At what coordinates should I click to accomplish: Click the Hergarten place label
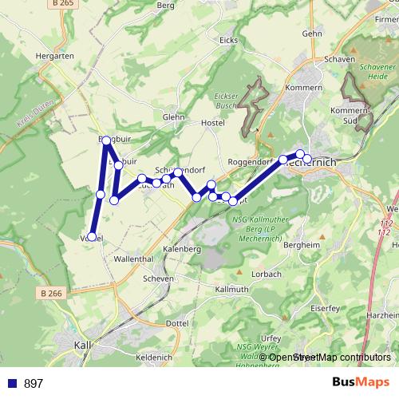pyautogui.click(x=54, y=57)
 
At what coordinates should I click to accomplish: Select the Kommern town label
pyautogui.click(x=306, y=87)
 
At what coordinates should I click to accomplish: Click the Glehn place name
pyautogui.click(x=173, y=117)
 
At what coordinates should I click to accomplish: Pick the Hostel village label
pyautogui.click(x=213, y=122)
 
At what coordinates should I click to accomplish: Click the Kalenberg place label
pyautogui.click(x=181, y=249)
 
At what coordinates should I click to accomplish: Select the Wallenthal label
pyautogui.click(x=133, y=259)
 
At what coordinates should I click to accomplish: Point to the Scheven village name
pyautogui.click(x=158, y=279)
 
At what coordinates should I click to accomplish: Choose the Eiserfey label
pyautogui.click(x=323, y=307)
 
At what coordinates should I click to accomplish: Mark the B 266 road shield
pyautogui.click(x=49, y=294)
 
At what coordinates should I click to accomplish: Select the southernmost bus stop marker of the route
pyautogui.click(x=93, y=236)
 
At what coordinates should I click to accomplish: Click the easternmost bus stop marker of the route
pyautogui.click(x=307, y=159)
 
